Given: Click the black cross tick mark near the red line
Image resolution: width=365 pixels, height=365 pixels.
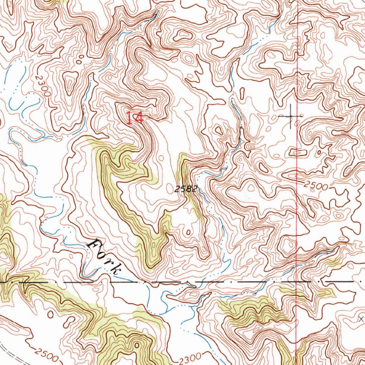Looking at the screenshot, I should (291, 116).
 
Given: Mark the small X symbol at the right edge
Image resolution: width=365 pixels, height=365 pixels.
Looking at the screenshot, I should (361, 319).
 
